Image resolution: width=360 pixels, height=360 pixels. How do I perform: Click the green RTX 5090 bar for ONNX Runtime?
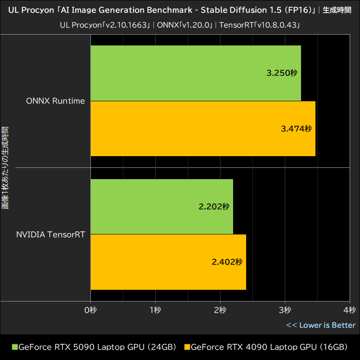pos(196,73)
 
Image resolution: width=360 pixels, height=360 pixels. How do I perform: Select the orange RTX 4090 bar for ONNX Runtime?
pos(203,129)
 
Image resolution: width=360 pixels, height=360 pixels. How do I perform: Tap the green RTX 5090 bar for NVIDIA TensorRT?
pos(162,207)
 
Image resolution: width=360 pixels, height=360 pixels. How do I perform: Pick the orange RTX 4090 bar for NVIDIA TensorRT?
pos(168,262)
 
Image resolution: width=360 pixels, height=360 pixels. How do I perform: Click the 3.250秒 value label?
pos(282,73)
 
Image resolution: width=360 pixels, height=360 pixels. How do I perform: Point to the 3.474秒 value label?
pos(296,129)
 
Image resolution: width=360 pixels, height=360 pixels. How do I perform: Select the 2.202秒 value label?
pos(214,207)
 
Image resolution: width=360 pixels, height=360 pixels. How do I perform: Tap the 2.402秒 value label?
pos(227,262)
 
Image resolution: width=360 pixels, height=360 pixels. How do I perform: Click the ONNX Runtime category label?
pos(55,101)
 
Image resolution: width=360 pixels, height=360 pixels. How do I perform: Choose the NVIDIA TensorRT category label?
pos(50,234)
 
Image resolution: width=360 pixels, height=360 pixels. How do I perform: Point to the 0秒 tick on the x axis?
pos(91,310)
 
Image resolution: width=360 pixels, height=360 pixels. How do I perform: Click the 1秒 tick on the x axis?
pos(155,310)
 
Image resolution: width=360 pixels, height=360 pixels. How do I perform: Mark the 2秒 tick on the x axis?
pos(220,310)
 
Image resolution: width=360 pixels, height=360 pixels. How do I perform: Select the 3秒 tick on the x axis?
pos(285,310)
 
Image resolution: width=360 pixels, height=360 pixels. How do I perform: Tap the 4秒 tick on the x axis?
pos(349,310)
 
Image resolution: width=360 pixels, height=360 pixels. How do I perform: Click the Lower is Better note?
pos(321,325)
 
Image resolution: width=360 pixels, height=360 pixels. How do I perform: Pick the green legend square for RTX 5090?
pos(14,347)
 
